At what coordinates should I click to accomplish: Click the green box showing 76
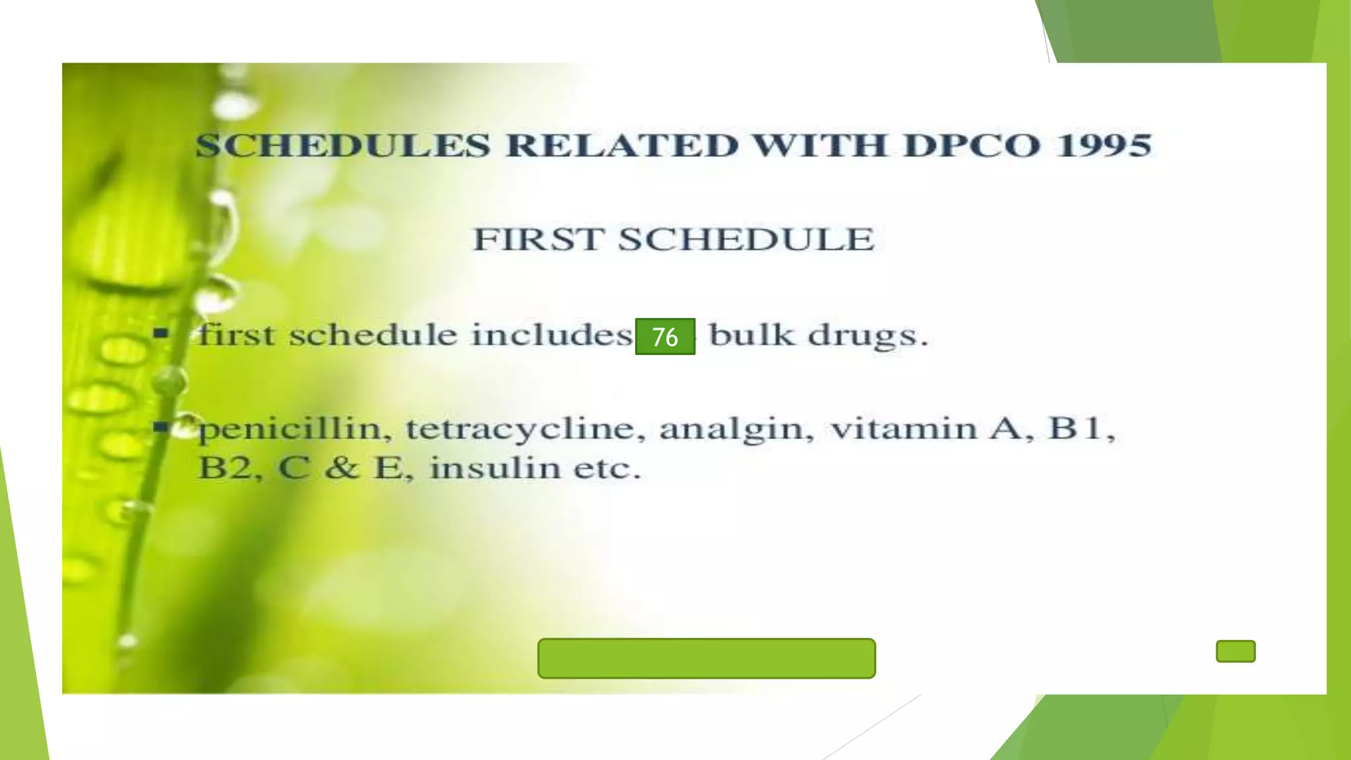point(665,336)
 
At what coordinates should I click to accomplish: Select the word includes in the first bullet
point(551,335)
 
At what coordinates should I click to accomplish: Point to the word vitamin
point(904,428)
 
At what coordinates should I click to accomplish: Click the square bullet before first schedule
point(160,333)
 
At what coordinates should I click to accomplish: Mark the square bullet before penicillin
point(160,427)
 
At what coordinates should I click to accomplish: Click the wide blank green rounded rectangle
point(707,658)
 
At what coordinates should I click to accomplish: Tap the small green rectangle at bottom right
point(1236,651)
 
